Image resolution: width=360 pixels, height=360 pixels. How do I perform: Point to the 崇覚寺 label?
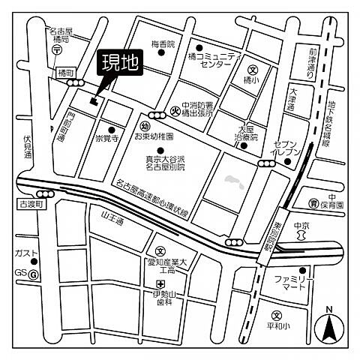[x=108, y=137]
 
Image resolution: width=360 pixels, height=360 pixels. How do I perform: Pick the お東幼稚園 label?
[x=154, y=137]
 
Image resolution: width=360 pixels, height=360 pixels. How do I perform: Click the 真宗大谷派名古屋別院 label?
[x=181, y=162]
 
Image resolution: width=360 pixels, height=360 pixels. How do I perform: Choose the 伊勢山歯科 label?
[x=166, y=295]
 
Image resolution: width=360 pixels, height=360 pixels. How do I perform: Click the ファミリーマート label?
[x=292, y=283]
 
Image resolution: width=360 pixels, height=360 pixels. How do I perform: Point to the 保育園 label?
[x=329, y=204]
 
